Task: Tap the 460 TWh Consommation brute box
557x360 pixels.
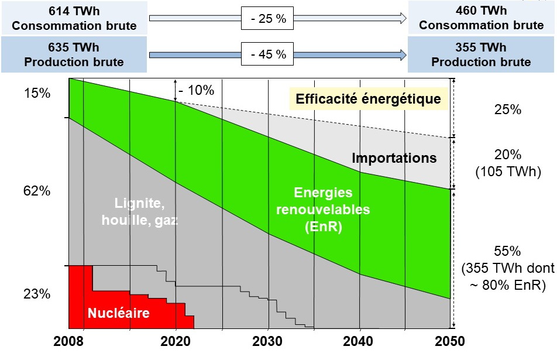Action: pyautogui.click(x=481, y=18)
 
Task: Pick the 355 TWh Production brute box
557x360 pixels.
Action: pyautogui.click(x=481, y=55)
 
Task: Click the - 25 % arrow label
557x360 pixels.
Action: pyautogui.click(x=269, y=19)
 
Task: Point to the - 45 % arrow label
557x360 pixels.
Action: pyautogui.click(x=269, y=54)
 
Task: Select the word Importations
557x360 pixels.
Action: pyautogui.click(x=394, y=158)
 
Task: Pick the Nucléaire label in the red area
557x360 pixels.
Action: pyautogui.click(x=118, y=313)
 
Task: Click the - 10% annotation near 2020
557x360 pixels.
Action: pyautogui.click(x=197, y=90)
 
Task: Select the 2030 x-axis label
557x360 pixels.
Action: pyautogui.click(x=267, y=341)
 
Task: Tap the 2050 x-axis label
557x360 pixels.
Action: pyautogui.click(x=450, y=341)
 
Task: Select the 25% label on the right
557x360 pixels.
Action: pyautogui.click(x=507, y=109)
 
